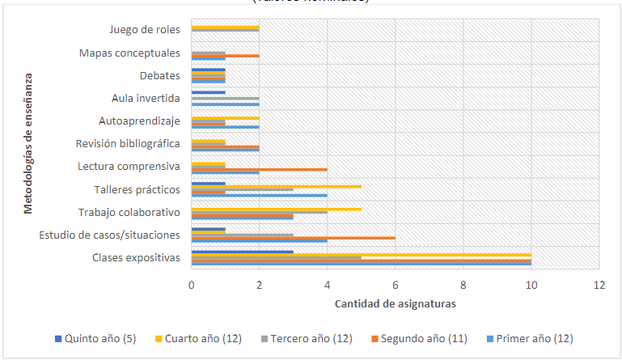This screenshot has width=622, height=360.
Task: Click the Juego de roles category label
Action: pyautogui.click(x=145, y=30)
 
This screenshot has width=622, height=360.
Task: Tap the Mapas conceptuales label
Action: pyautogui.click(x=129, y=53)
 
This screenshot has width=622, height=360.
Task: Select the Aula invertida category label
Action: pyautogui.click(x=145, y=99)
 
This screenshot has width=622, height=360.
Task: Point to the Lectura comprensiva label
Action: pyautogui.click(x=128, y=167)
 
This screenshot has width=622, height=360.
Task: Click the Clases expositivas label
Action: pyautogui.click(x=135, y=258)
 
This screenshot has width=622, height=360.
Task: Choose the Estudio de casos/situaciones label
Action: pyautogui.click(x=109, y=235)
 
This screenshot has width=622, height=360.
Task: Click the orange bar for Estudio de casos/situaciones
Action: pyautogui.click(x=293, y=238)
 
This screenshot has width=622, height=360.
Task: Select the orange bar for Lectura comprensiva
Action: pyautogui.click(x=259, y=169)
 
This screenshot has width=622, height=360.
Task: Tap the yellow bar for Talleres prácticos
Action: pyautogui.click(x=276, y=186)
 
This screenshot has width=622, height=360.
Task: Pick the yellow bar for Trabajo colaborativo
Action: pyautogui.click(x=276, y=209)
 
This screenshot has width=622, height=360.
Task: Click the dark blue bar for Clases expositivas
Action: pyautogui.click(x=242, y=252)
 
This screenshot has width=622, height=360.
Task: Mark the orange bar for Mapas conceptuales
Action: pyautogui.click(x=225, y=56)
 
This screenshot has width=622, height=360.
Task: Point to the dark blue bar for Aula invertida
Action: pyautogui.click(x=208, y=91)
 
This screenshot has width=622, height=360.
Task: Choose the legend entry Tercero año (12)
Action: pyautogui.click(x=308, y=337)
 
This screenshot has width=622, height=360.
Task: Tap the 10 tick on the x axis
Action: pyautogui.click(x=531, y=285)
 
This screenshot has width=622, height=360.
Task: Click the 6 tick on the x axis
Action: pyautogui.click(x=395, y=285)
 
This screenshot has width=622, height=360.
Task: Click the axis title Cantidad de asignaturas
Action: pyautogui.click(x=394, y=304)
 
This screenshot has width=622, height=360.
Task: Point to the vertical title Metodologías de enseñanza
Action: pyautogui.click(x=28, y=145)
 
